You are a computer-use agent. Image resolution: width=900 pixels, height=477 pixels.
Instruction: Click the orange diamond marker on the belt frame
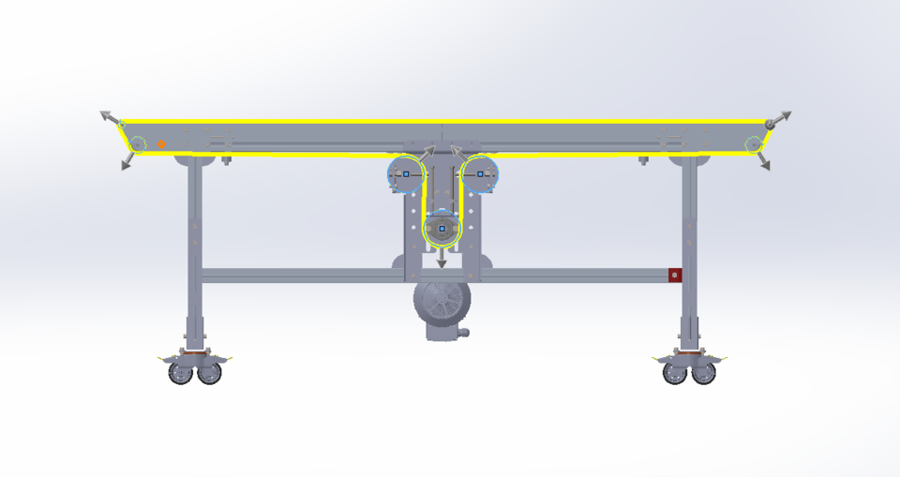[x=161, y=144]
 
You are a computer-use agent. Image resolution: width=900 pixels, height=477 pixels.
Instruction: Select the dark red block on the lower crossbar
[x=674, y=275]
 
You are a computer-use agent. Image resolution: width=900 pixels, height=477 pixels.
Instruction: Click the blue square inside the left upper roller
[x=406, y=173]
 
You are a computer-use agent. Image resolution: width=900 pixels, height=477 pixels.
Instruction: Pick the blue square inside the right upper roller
[x=480, y=173]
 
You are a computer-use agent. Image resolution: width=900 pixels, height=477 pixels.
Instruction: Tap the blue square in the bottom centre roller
[x=442, y=228]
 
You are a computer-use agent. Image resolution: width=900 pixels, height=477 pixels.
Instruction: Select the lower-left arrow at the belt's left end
[x=126, y=164]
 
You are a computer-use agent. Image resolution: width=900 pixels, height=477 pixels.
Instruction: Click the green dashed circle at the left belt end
[x=138, y=144]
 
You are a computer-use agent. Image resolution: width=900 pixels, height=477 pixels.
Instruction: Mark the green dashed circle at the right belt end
[x=753, y=144]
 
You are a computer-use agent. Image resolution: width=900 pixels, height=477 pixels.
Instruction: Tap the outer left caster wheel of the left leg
[x=180, y=373]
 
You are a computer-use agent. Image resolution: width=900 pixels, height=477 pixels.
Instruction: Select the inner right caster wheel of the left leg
[x=210, y=373]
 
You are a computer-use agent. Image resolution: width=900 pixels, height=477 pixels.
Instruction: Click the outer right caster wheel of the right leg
[x=703, y=373]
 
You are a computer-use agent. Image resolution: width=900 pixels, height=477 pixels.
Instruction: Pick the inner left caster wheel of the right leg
[x=674, y=373]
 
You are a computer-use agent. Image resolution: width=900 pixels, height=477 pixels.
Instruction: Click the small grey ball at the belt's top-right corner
[x=770, y=124]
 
